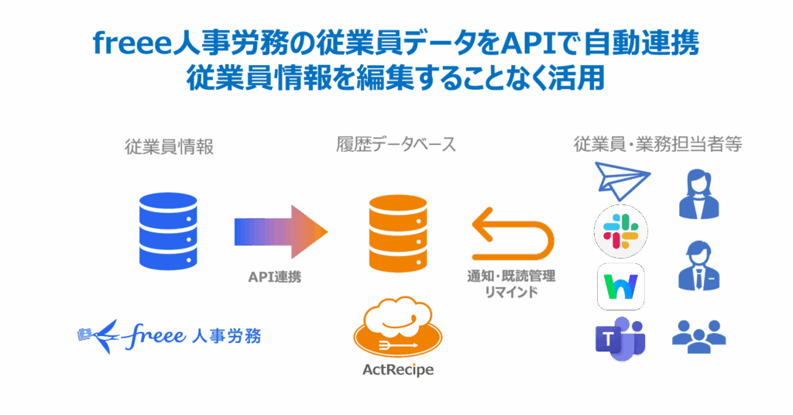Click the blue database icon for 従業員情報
(168, 231)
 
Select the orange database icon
(398, 232)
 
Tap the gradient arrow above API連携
(280, 232)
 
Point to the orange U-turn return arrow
(513, 235)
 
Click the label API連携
(274, 276)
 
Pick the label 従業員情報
(169, 147)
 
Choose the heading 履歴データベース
(396, 145)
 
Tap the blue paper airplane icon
(623, 181)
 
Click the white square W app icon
(620, 285)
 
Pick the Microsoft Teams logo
(620, 339)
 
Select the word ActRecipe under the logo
(398, 370)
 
